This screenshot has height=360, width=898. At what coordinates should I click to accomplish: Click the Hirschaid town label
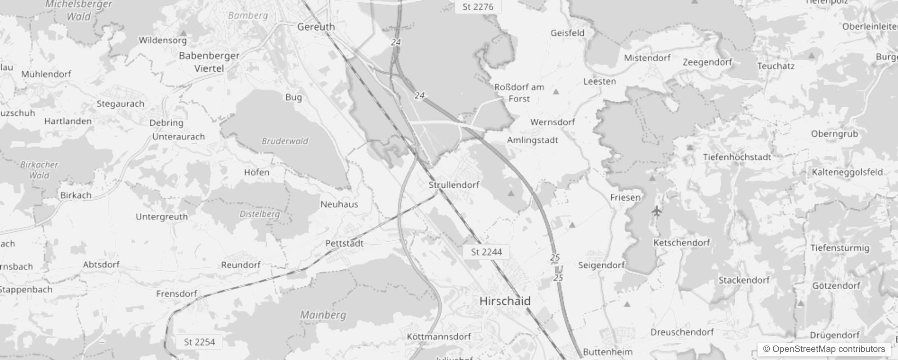coord(505,301)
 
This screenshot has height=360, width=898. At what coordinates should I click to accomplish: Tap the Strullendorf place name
coord(453,185)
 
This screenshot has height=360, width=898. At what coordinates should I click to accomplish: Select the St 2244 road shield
coord(486,252)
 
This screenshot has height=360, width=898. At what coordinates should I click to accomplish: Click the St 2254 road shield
coord(199,342)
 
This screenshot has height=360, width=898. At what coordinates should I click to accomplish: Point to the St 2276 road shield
coord(478,7)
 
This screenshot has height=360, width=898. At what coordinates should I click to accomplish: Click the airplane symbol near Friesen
coord(657,211)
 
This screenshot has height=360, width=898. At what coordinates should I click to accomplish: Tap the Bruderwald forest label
coord(285,141)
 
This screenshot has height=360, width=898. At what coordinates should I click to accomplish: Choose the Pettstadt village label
coord(344,243)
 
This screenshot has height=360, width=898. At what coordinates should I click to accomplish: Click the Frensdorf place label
coord(177,294)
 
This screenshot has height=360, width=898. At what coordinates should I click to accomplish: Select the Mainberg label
coord(323,315)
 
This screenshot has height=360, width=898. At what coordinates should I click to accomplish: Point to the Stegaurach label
coord(121,104)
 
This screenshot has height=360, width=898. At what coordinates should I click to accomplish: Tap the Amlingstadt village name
coord(532,140)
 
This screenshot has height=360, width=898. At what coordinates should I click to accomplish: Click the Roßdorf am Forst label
coord(519,93)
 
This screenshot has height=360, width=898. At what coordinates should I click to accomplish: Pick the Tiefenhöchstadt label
coord(737,157)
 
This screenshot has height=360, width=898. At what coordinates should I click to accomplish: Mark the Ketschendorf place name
coord(682,243)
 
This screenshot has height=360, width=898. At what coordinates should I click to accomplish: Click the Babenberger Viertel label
coord(209,62)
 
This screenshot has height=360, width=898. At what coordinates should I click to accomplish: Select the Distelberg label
coord(260,214)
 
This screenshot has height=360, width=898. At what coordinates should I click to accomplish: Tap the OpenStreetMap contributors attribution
coord(824,349)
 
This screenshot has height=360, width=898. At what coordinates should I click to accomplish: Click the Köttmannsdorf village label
coord(439,337)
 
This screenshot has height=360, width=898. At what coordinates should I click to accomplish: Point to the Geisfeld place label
coord(567,33)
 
